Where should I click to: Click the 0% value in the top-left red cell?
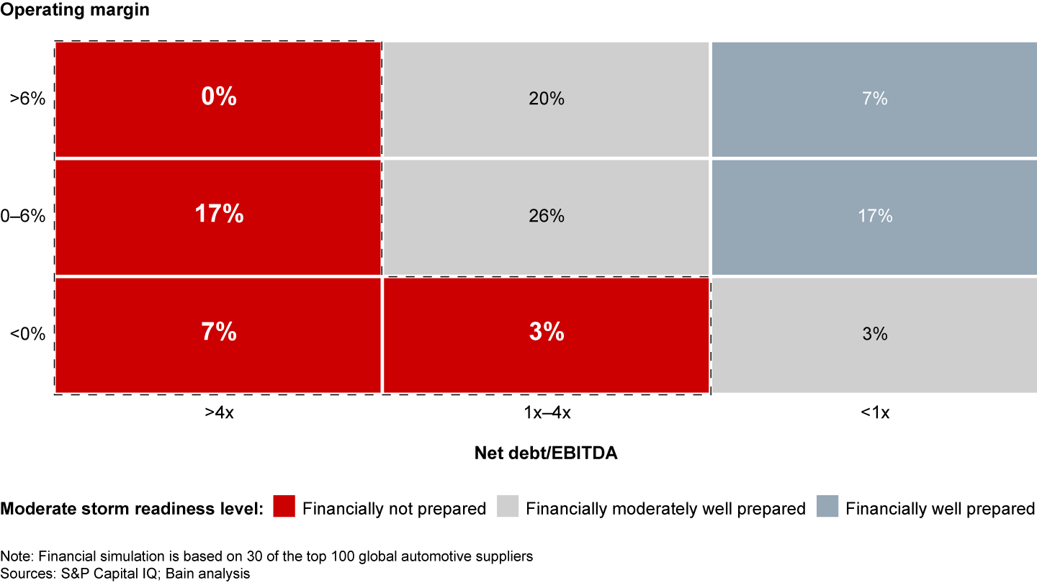pyautogui.click(x=219, y=97)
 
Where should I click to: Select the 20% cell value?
pyautogui.click(x=547, y=99)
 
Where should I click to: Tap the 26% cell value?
pyautogui.click(x=547, y=215)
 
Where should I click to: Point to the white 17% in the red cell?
pyautogui.click(x=219, y=214)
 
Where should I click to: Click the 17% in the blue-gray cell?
pyautogui.click(x=875, y=215)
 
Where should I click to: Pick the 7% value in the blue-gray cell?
pyautogui.click(x=875, y=99)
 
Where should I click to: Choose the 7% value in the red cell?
pyautogui.click(x=219, y=333)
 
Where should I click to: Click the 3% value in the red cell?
pyautogui.click(x=547, y=333)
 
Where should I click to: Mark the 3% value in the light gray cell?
pyautogui.click(x=875, y=334)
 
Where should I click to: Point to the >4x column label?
pyautogui.click(x=219, y=413)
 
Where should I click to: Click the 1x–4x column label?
pyautogui.click(x=547, y=413)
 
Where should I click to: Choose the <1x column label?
pyautogui.click(x=875, y=413)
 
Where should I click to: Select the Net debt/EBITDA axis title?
pyautogui.click(x=547, y=453)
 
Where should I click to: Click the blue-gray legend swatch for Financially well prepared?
pyautogui.click(x=826, y=508)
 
